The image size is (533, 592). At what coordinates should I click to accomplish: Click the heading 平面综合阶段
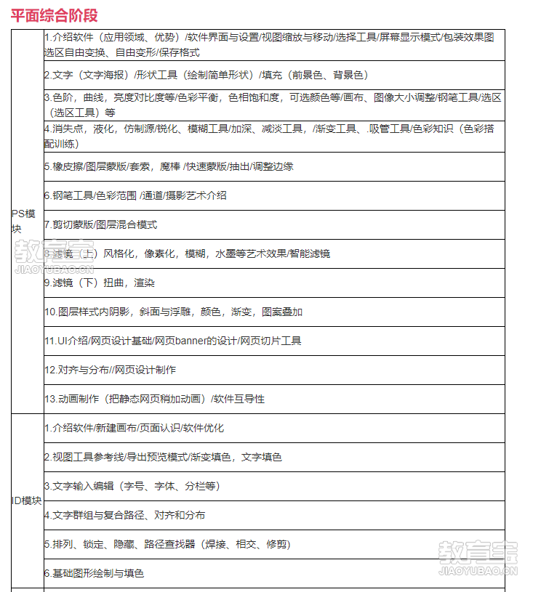(x=55, y=15)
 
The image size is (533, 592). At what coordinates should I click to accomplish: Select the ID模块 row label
(x=26, y=500)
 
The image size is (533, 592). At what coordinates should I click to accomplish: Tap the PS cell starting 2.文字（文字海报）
(x=207, y=75)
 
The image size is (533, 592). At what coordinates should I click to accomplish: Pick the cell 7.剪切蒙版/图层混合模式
(x=100, y=224)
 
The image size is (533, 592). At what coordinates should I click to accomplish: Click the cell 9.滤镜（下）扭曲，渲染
(x=100, y=283)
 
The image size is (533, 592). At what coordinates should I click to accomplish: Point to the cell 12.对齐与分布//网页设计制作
(x=110, y=370)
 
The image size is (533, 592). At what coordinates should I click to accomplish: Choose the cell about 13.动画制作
(x=154, y=399)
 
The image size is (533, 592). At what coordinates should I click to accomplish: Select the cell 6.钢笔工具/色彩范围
(x=135, y=195)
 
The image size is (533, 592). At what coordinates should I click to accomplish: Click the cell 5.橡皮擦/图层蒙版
(x=169, y=166)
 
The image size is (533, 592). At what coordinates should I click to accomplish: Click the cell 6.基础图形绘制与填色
(x=94, y=573)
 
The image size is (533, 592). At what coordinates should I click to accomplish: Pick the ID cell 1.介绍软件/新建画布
(x=134, y=428)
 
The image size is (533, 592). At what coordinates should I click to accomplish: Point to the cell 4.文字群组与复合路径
(x=124, y=515)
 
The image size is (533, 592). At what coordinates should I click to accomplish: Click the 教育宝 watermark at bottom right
(x=478, y=557)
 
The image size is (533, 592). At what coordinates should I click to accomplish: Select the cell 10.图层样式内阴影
(x=173, y=312)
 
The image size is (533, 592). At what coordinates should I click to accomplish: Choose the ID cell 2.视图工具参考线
(x=163, y=457)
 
